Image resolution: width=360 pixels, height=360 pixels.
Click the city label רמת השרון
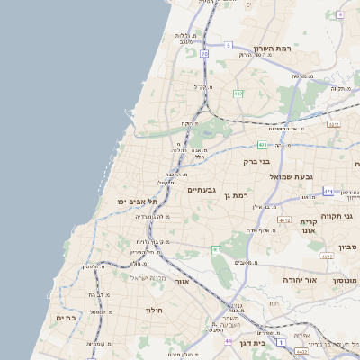(x=275, y=48)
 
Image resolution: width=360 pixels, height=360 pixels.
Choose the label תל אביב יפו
(x=137, y=202)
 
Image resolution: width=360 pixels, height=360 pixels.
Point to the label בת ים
(x=66, y=318)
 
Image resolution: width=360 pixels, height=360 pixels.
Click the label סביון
(x=347, y=247)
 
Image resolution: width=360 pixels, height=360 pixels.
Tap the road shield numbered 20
(x=204, y=54)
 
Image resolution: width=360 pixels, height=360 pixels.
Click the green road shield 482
(x=238, y=93)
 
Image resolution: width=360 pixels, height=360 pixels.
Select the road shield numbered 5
(x=229, y=44)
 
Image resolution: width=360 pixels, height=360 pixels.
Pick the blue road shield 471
(x=328, y=192)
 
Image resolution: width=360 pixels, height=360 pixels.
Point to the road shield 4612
(x=284, y=219)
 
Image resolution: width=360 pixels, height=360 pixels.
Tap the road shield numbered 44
(x=229, y=341)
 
